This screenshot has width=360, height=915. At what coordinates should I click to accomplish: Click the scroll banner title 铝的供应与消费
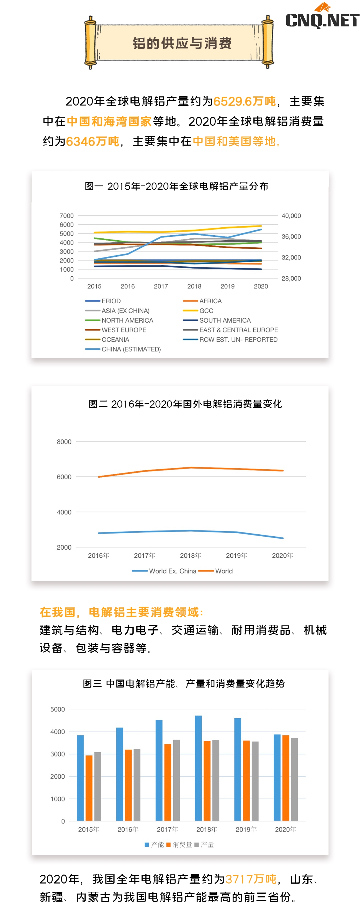click(x=182, y=43)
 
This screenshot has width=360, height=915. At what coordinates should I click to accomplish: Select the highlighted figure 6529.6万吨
click(x=244, y=101)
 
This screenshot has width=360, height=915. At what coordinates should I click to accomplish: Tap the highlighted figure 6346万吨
click(x=93, y=142)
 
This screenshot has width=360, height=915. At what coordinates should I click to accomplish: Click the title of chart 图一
click(x=176, y=186)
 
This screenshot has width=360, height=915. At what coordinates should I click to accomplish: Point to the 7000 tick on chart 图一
click(x=67, y=216)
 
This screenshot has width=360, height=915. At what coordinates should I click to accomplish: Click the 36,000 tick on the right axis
click(x=291, y=237)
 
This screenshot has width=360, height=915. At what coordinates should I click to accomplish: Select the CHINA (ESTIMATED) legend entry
click(x=131, y=349)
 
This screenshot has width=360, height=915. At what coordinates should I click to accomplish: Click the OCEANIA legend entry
click(x=115, y=340)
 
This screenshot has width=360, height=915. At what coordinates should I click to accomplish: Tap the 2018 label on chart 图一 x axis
click(x=194, y=286)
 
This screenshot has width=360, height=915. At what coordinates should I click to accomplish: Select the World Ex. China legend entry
click(x=172, y=571)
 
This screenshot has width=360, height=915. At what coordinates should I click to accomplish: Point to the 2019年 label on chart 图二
click(x=236, y=555)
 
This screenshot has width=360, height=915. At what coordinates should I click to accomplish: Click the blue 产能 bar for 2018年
click(x=198, y=768)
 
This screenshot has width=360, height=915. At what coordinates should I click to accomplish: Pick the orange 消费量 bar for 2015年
click(x=89, y=788)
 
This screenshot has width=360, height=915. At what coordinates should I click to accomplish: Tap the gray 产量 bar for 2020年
click(x=294, y=779)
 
